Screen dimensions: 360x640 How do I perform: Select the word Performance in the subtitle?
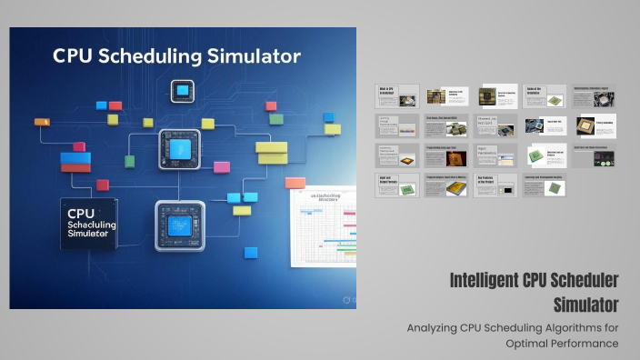pos(587,344)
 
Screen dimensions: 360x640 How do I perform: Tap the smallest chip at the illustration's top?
pos(183,89)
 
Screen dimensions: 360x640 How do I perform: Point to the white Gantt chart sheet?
pos(323,227)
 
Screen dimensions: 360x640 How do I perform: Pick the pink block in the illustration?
pos(222,167)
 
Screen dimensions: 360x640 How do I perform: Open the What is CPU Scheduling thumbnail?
pos(397,95)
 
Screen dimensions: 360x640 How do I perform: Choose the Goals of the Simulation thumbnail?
pos(545,95)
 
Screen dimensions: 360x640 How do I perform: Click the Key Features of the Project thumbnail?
pos(496,185)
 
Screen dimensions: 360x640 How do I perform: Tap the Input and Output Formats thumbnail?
pos(397,185)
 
